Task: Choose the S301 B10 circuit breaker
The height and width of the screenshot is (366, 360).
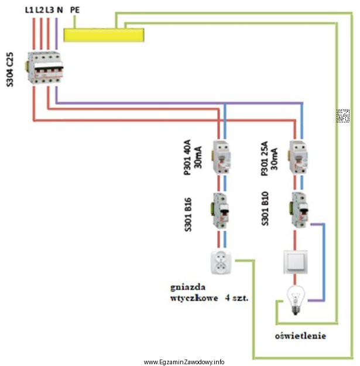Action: coord(299,209)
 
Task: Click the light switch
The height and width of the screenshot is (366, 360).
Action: coord(297,262)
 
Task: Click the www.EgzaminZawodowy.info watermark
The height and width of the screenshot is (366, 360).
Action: coord(184,361)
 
